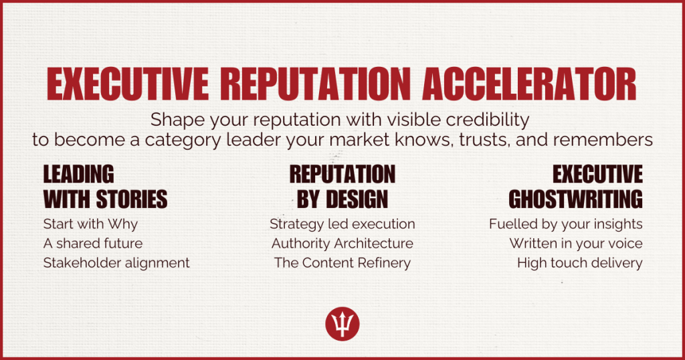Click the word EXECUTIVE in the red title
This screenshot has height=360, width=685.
point(127,84)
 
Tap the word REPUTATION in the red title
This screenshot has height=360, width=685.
point(315,84)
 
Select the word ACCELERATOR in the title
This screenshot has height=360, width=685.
point(529,84)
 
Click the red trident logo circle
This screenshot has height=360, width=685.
point(342,324)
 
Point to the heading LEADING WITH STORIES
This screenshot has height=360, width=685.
point(105,187)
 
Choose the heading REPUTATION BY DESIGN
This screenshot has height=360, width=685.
point(342,187)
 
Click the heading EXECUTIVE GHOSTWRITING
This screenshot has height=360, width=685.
point(575,187)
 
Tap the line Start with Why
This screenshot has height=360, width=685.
point(90,224)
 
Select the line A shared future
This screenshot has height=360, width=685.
point(93,244)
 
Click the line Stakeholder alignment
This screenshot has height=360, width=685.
point(116,263)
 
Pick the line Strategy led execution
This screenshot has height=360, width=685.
point(342,224)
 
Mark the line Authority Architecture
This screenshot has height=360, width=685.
point(342,244)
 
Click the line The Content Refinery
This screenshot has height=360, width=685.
point(342,263)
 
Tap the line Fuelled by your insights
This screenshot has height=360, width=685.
point(566,224)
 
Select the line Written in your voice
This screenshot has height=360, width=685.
point(576,244)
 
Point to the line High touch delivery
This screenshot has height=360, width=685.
point(580,263)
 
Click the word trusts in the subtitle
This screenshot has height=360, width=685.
point(485,141)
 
